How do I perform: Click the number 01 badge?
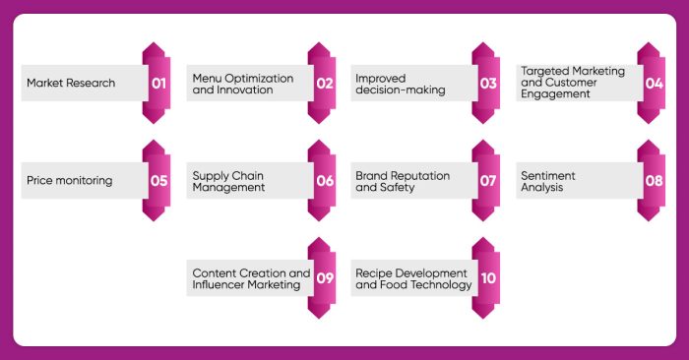pos(158,84)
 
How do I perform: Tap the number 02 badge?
pos(324,84)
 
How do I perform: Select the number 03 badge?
pos(488,84)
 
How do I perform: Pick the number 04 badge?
pos(654,84)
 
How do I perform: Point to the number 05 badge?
pos(158,181)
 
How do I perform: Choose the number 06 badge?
pos(324,181)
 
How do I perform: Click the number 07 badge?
pos(488,181)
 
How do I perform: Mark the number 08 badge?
pos(654,181)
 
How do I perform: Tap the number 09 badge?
pos(324,278)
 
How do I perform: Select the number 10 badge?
pos(488,278)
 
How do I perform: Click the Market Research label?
pos(71,84)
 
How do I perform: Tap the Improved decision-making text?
pos(401,84)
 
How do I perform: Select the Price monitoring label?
pos(69,181)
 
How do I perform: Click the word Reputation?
pos(418,175)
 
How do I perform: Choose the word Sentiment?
pos(548,175)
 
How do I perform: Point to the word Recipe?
pos(375,272)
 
